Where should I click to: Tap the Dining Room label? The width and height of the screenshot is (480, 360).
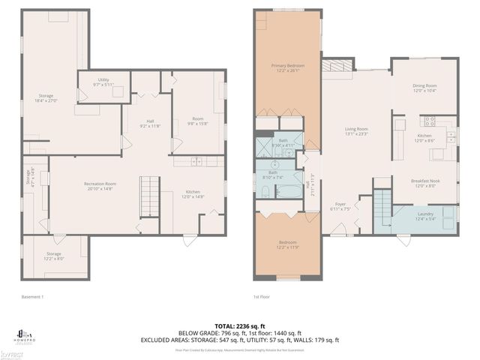[424, 88]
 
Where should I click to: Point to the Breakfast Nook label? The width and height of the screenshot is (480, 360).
[424, 183]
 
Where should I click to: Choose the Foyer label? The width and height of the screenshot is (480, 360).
[340, 206]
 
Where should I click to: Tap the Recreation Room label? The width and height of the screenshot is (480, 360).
[99, 187]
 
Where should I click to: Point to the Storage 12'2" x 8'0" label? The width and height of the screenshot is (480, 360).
[53, 256]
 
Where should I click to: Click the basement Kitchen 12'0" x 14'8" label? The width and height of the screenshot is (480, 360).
[193, 194]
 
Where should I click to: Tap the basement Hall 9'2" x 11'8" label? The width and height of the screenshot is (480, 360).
[151, 124]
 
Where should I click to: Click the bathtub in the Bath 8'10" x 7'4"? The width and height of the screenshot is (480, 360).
[272, 193]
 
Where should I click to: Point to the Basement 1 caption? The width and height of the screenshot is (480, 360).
[33, 297]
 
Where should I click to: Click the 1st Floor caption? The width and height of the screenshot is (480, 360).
[261, 297]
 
